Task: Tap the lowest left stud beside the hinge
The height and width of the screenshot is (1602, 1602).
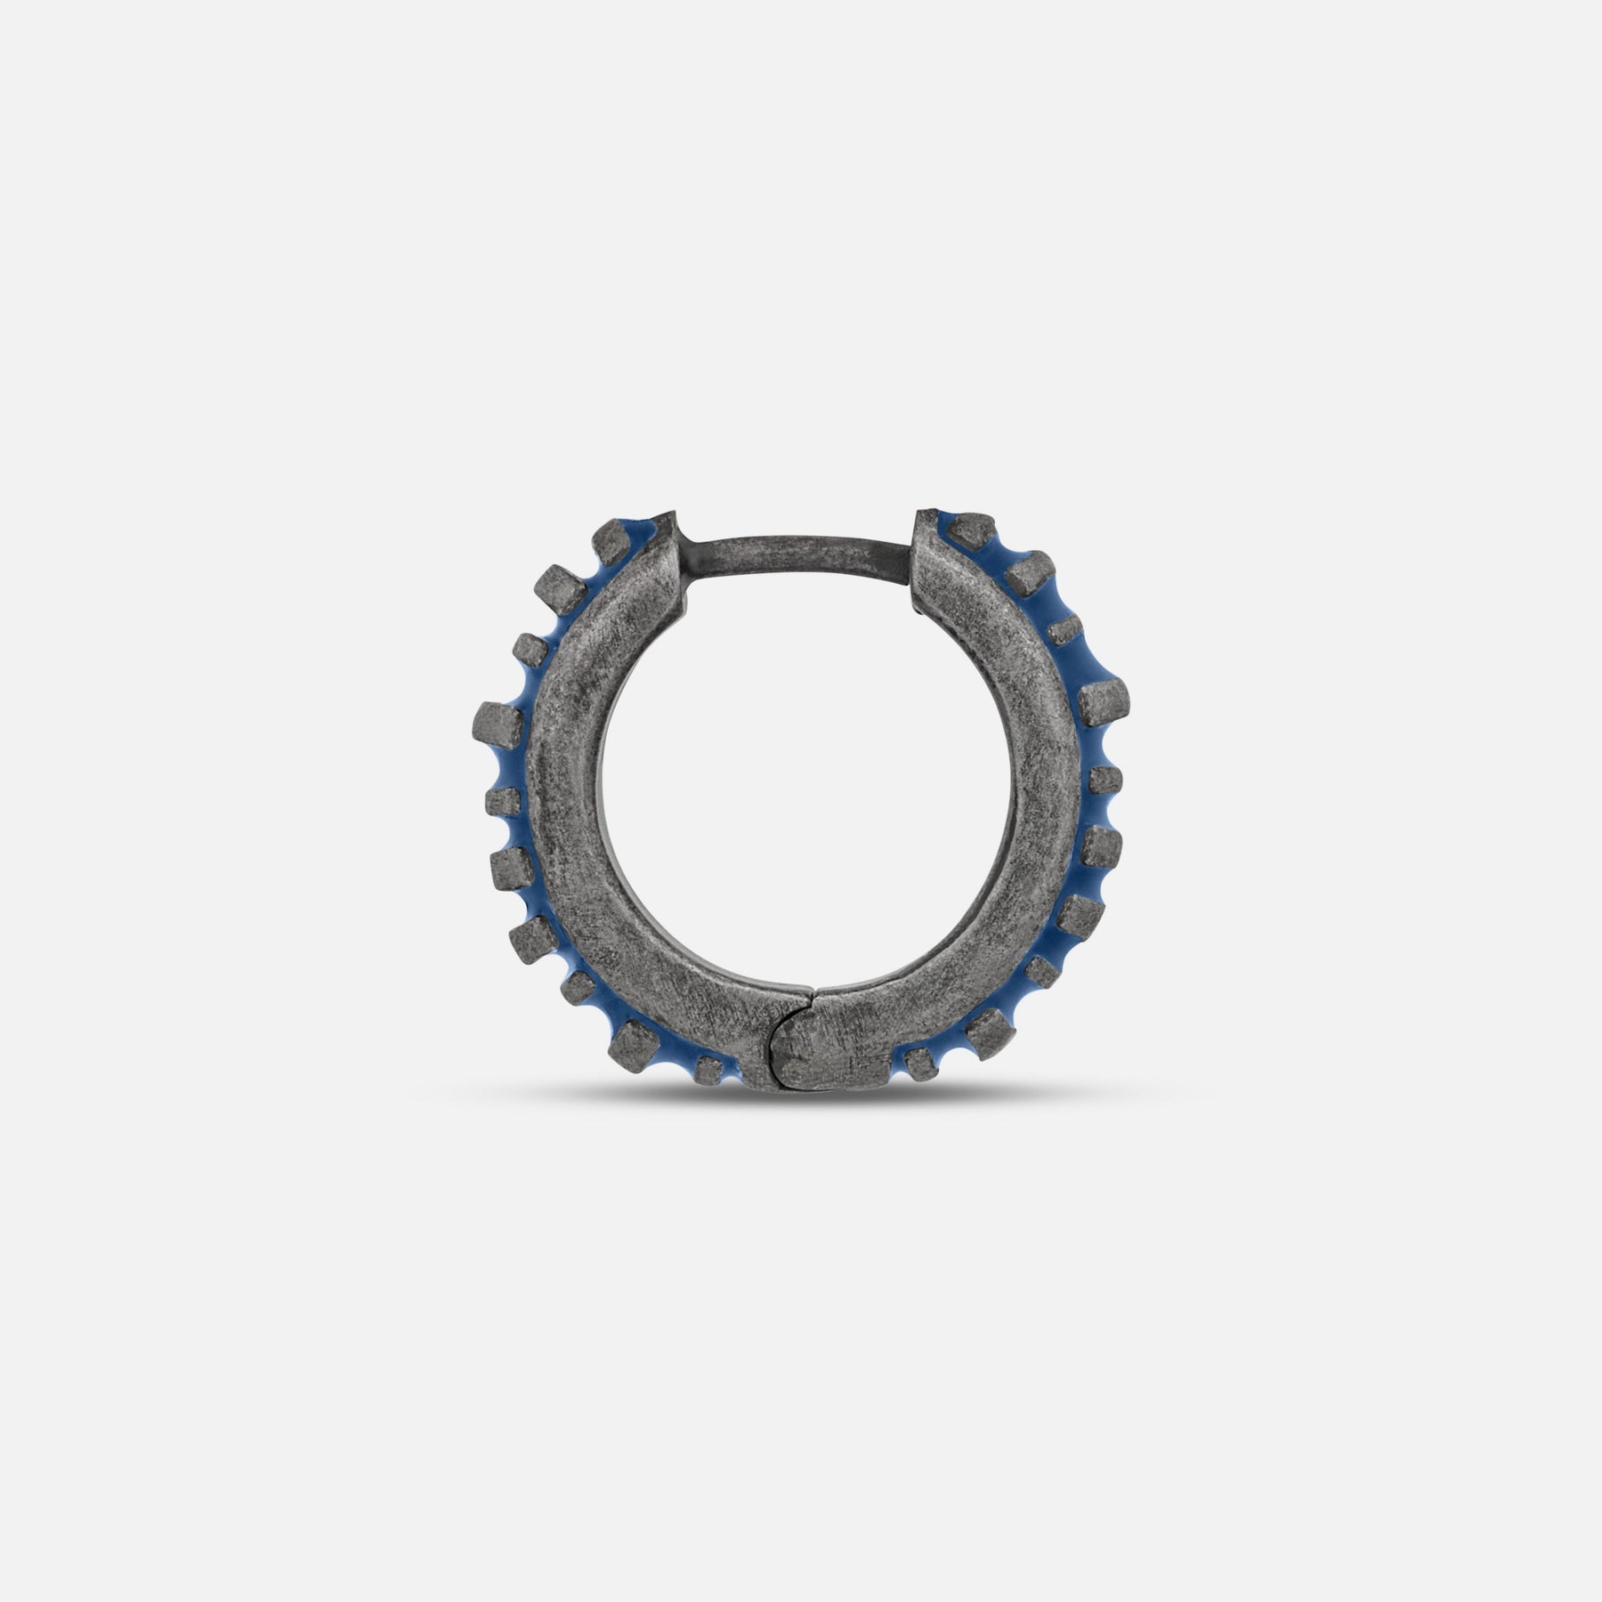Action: pos(708,1068)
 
